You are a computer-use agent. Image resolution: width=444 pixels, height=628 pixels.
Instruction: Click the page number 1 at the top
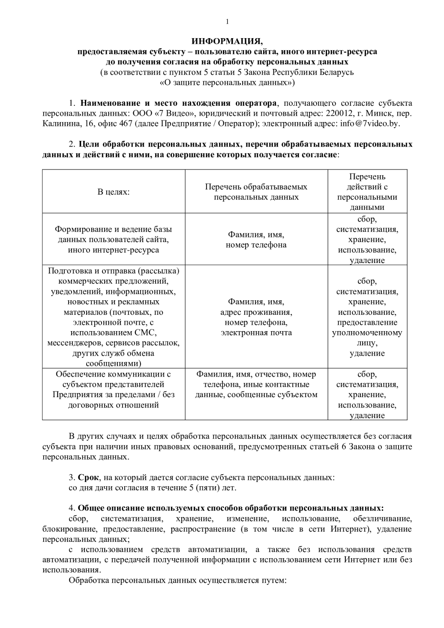tap(227, 22)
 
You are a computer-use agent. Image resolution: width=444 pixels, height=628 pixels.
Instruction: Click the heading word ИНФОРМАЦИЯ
tap(227, 41)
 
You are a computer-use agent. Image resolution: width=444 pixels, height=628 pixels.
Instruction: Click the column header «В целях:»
tap(114, 191)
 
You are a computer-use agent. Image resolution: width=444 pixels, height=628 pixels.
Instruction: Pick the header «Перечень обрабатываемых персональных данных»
tap(256, 192)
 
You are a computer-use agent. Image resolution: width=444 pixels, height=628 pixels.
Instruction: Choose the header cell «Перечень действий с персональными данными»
tap(367, 192)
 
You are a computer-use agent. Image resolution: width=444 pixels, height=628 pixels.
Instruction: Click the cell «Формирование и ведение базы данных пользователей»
tap(114, 239)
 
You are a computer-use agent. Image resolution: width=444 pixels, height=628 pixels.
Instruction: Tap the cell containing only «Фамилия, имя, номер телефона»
tap(256, 240)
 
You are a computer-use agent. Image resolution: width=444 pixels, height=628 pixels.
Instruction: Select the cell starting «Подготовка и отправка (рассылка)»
tap(114, 317)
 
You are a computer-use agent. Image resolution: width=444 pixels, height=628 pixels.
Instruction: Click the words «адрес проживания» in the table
tap(256, 312)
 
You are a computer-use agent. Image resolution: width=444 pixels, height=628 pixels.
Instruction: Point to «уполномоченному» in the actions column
tap(367, 333)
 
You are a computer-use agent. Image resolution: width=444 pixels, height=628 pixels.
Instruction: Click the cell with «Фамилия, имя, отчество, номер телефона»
tap(256, 384)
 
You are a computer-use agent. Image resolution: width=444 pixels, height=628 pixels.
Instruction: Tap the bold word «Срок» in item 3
tap(88, 477)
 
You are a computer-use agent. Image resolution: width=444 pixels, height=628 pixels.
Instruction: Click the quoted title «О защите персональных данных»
tap(227, 82)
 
